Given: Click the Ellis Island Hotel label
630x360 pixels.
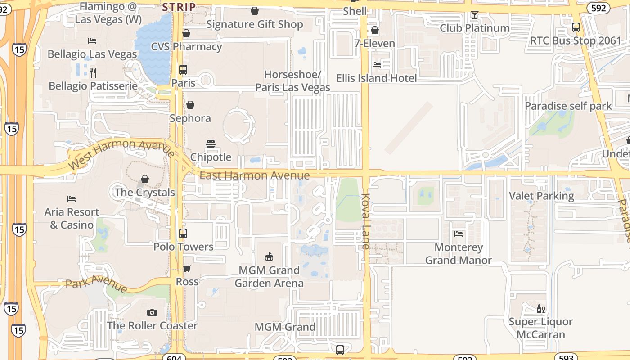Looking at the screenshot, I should click(377, 78).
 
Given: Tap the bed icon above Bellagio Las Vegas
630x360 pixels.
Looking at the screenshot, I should click(92, 41).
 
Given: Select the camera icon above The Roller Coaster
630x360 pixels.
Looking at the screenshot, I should click(152, 312).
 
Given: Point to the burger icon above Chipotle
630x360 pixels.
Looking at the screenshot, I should click(211, 144).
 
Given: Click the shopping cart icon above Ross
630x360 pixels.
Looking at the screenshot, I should click(187, 269).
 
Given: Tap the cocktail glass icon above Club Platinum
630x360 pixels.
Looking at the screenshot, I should click(474, 15).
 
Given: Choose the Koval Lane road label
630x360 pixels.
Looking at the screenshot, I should click(365, 221).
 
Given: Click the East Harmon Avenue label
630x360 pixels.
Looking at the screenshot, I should click(255, 175).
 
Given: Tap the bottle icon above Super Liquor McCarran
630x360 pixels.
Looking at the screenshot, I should click(540, 309).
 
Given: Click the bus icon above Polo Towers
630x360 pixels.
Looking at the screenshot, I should click(183, 234).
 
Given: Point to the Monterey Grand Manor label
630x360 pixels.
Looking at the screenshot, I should click(459, 253).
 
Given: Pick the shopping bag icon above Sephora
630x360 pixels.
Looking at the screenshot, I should click(190, 105).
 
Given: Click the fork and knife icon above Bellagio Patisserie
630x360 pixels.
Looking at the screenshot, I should click(93, 72).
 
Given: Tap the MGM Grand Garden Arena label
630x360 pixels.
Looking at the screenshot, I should click(269, 276).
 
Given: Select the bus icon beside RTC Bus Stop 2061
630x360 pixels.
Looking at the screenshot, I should click(576, 27).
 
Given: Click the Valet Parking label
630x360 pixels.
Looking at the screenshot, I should click(541, 196).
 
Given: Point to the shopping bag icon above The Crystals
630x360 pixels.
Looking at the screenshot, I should click(145, 179).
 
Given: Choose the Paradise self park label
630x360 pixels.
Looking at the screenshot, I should click(568, 106).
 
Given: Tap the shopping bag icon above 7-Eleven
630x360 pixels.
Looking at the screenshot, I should click(374, 30).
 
